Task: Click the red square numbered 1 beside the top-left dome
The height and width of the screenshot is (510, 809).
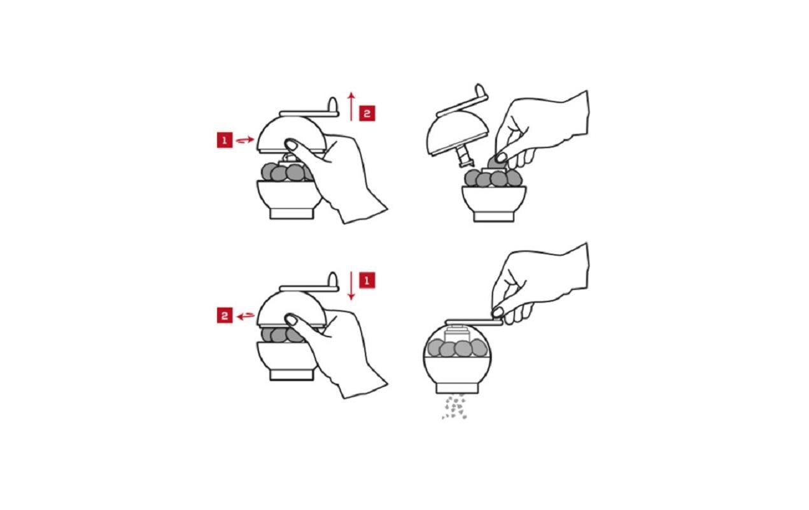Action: (x=225, y=140)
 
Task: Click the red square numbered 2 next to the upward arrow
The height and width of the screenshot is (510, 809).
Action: (x=367, y=113)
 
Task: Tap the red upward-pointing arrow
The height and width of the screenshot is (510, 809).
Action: (x=351, y=106)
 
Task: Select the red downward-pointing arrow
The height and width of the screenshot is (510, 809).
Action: (x=351, y=286)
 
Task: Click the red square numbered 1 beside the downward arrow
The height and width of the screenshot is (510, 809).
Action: (x=367, y=280)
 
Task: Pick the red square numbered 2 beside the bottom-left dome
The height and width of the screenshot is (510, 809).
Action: (x=225, y=316)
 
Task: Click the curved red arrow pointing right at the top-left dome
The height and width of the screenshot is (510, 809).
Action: (x=245, y=140)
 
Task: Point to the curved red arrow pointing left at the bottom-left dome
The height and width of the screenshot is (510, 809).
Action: (x=246, y=316)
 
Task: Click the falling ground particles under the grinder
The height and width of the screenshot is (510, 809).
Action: (x=454, y=407)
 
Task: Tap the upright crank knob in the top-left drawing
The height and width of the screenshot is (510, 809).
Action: (x=333, y=105)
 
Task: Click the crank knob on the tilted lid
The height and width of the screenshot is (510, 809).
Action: (x=481, y=91)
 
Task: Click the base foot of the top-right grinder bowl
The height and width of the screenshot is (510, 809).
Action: (x=494, y=217)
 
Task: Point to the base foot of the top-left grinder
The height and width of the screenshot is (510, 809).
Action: (x=292, y=214)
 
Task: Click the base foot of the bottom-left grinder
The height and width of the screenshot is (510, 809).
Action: (x=292, y=375)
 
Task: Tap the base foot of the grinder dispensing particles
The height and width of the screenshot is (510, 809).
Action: (x=457, y=388)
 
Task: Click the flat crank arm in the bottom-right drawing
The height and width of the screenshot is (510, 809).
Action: (x=474, y=323)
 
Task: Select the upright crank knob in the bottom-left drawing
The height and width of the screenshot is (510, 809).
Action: (x=333, y=280)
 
